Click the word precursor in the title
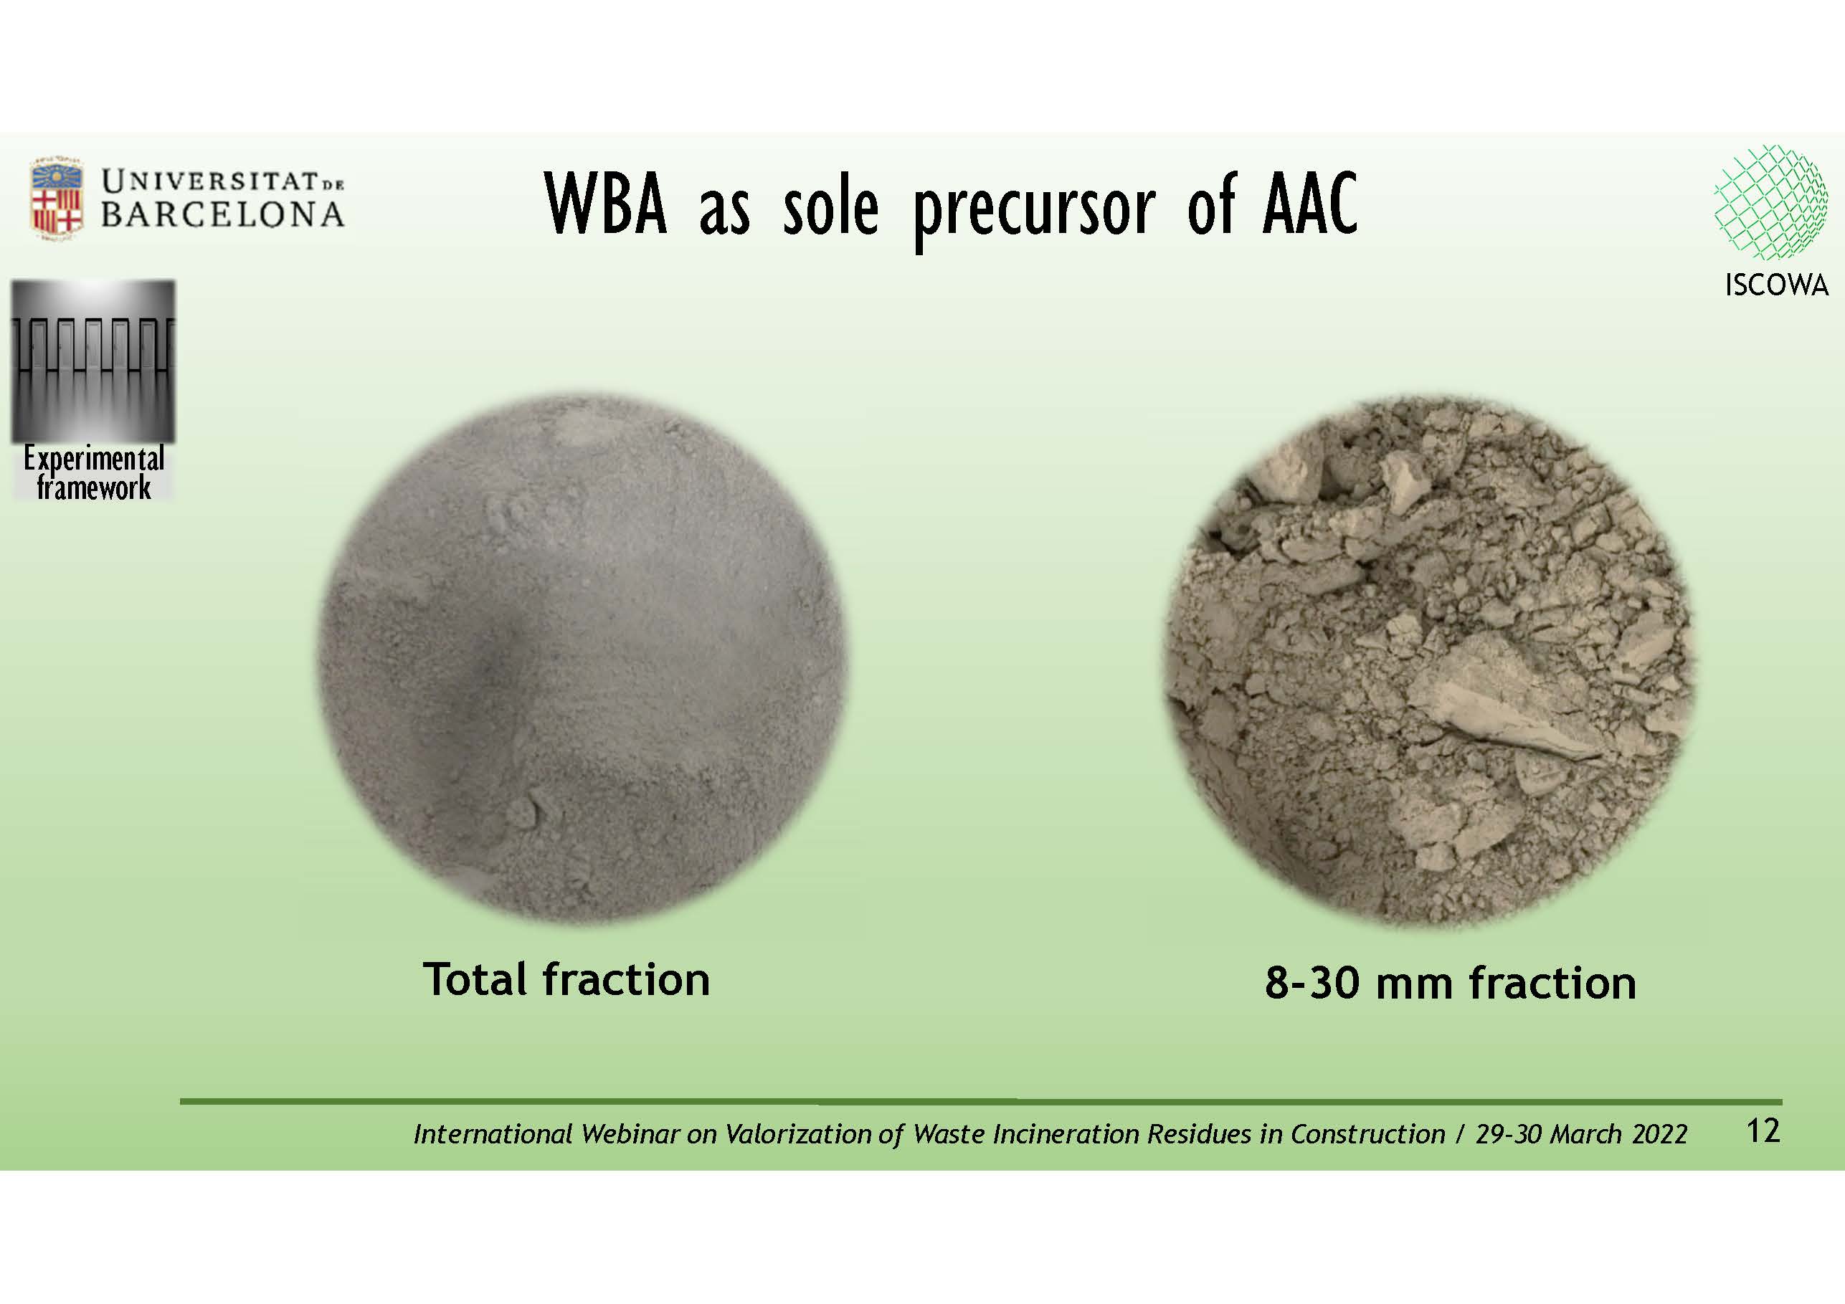(1035, 211)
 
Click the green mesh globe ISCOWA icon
(1770, 202)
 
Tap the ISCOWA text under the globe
(1776, 285)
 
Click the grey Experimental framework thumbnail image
(93, 361)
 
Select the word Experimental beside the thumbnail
(93, 459)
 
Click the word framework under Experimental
(94, 487)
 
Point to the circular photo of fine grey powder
(582, 657)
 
